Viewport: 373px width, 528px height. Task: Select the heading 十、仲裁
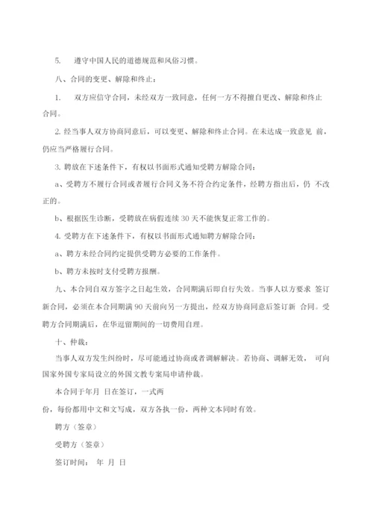pos(60,341)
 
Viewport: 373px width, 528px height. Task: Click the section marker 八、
pos(51,78)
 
